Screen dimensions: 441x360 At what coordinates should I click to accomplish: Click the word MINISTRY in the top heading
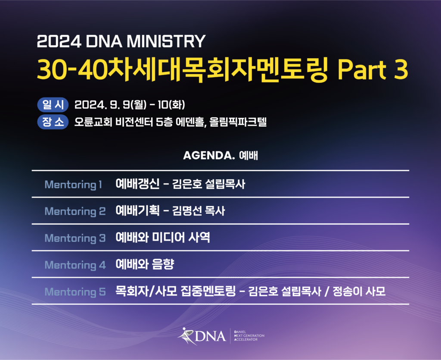tap(166, 41)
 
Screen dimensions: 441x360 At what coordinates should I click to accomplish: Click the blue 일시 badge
tap(53, 105)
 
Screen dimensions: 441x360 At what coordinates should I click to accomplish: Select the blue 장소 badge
tap(53, 122)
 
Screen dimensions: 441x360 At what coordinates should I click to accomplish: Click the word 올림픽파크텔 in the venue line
tap(238, 122)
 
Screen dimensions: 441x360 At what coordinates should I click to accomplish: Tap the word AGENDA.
tap(209, 155)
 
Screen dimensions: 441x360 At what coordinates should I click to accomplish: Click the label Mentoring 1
tap(73, 185)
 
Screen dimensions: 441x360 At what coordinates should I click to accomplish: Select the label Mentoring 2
tap(75, 211)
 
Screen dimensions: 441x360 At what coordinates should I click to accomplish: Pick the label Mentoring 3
tap(75, 238)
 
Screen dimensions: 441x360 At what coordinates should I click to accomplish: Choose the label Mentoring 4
tap(75, 265)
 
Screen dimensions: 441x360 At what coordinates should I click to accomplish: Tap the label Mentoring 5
tap(75, 292)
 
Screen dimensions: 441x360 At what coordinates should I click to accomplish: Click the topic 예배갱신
tap(137, 184)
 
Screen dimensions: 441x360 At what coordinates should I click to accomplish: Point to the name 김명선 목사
tap(199, 211)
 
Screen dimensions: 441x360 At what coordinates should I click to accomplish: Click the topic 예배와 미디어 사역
tap(163, 238)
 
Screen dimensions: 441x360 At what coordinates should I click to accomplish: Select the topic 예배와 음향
tap(145, 264)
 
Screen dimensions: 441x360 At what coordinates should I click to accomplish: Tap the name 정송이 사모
tap(359, 291)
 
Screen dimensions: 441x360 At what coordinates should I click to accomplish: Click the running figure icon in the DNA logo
tap(186, 336)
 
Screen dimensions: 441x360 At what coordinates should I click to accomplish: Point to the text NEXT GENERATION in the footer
tap(249, 335)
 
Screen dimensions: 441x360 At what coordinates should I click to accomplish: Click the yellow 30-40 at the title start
tap(72, 69)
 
